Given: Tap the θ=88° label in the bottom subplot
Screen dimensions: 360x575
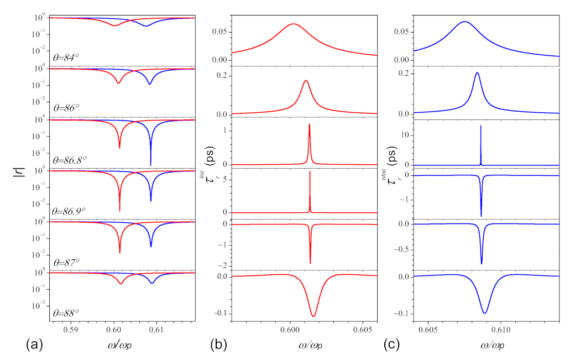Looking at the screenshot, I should coord(69,312).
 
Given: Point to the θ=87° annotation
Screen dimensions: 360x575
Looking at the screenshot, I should coord(69,262).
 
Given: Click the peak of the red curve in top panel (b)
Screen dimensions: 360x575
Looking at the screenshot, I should coord(293,24).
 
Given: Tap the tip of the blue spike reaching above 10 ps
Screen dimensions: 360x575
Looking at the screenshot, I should coord(480,126).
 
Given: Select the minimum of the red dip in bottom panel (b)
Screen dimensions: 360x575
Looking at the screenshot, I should coord(313,316).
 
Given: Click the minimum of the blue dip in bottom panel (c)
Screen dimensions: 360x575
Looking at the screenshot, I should coord(485,313).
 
